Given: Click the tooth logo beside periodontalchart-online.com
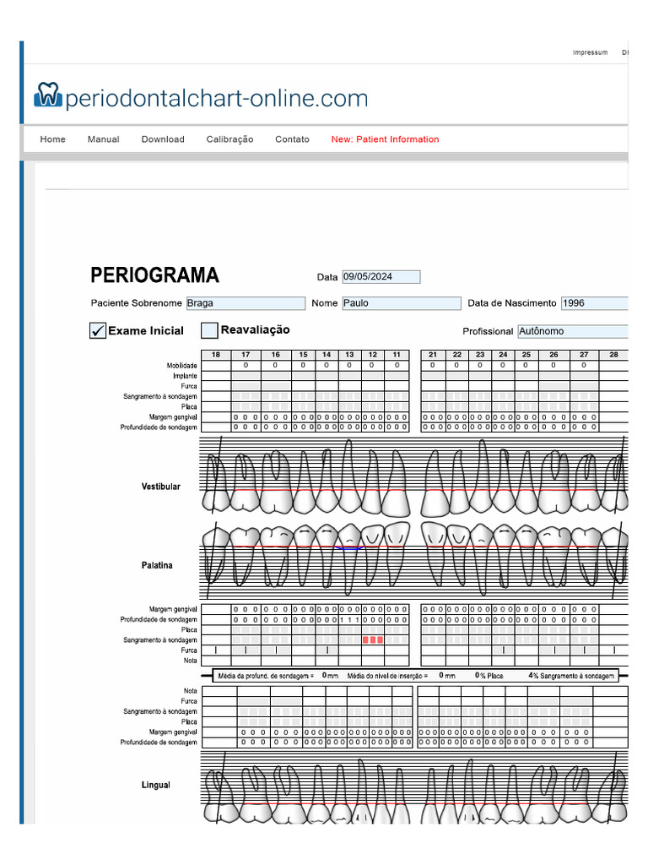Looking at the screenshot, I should coord(48,95).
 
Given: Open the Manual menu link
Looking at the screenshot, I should coord(103,139).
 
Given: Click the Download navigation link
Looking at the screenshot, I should coord(163,139).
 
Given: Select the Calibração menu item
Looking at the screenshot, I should coord(229,139).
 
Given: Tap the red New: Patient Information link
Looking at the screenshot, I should coord(385,139).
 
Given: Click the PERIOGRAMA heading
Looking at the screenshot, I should coord(154,275).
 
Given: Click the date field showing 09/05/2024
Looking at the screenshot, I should coord(381,277).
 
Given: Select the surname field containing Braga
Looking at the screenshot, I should coord(245,303).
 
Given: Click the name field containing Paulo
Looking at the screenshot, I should coord(401,303).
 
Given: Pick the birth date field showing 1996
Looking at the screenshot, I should coord(594,303).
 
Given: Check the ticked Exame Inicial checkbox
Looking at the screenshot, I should coord(98,331).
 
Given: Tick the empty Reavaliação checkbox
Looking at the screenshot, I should coord(209,330).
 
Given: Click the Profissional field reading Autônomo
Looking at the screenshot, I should coord(572,331).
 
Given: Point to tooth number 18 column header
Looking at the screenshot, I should coord(216,355).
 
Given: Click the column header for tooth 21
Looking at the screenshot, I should coord(433,355).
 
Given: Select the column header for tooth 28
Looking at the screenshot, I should coord(613,355).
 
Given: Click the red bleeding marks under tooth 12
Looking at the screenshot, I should coord(373,640).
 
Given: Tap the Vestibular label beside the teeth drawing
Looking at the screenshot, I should coord(160,487).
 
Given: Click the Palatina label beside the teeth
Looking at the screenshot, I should coord(157,565).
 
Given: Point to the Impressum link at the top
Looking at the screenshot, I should coord(590,52).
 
